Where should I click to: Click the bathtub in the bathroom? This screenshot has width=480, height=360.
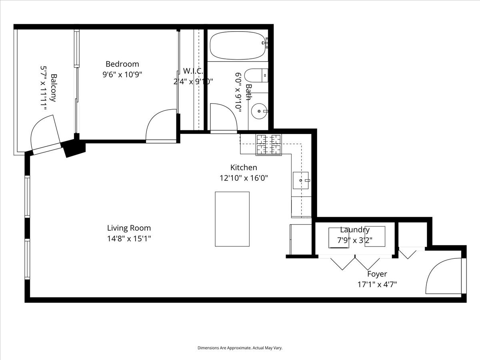click(x=238, y=45)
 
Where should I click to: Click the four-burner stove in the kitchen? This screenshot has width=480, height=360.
click(x=268, y=144)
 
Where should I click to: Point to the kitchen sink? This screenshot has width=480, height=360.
click(x=301, y=180)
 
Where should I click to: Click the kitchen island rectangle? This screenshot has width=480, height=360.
click(x=232, y=219)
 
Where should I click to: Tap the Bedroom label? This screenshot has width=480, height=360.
click(x=122, y=64)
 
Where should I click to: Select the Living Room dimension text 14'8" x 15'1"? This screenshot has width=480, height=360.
click(x=129, y=239)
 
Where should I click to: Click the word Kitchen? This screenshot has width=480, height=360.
click(x=244, y=168)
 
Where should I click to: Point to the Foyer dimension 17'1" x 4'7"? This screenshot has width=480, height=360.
click(x=377, y=285)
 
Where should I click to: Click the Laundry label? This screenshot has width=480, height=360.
click(x=355, y=230)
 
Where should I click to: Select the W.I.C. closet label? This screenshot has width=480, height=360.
click(x=193, y=71)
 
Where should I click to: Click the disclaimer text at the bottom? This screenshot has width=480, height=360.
click(x=240, y=348)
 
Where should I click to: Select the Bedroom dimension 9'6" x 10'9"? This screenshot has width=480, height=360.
click(x=122, y=74)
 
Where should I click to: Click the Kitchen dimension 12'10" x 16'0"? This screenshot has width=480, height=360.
click(x=244, y=178)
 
